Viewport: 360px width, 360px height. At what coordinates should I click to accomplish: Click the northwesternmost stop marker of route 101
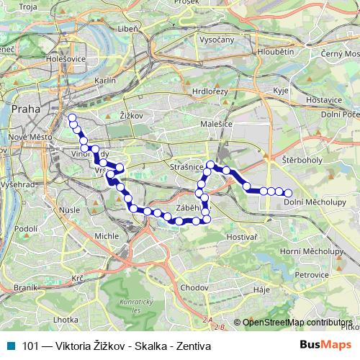point(71,117)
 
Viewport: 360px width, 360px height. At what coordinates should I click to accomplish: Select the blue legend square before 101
point(8,344)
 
